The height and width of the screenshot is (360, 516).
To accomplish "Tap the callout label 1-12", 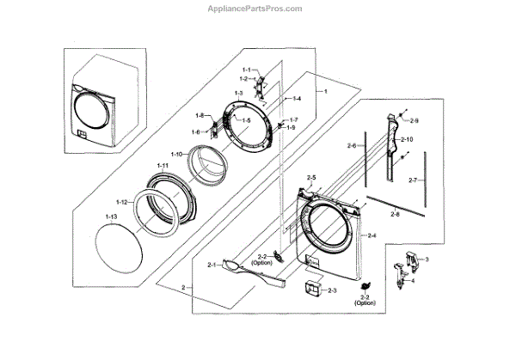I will click(x=120, y=202).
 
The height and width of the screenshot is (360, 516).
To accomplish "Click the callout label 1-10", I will click(x=176, y=154).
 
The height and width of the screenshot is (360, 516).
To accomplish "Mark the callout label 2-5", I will click(x=311, y=178).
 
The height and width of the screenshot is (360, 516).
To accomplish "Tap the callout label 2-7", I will click(x=413, y=180).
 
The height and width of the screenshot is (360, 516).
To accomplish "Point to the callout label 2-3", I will click(x=331, y=290).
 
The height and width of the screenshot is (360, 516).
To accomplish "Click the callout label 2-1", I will click(x=212, y=265).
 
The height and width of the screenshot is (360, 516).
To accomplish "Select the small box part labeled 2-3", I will click(x=307, y=289).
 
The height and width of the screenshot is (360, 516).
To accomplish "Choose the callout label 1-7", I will click(x=293, y=119).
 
